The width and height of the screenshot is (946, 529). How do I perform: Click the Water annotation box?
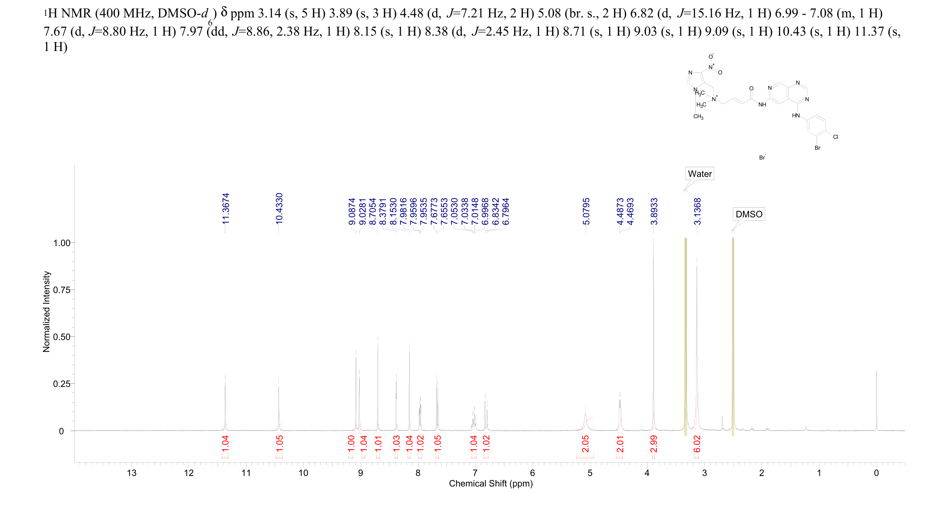(x=699, y=174)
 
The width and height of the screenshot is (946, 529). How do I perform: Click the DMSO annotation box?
(x=749, y=214)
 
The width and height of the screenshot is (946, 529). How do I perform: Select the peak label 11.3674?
(x=226, y=208)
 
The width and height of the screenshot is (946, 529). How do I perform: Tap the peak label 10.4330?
(x=279, y=208)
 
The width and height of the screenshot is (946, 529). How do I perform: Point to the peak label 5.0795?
(x=586, y=211)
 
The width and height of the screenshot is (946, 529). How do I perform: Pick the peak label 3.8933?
(x=654, y=211)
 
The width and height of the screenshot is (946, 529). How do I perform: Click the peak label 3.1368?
(x=697, y=211)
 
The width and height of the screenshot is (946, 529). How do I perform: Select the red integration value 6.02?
(x=697, y=444)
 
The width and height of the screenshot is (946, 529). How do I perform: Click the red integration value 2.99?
(x=654, y=444)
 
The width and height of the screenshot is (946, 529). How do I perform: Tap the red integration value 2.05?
(x=585, y=444)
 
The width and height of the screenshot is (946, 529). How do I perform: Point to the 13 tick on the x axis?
(x=131, y=473)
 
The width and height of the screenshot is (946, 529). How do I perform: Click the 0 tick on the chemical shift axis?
(x=876, y=473)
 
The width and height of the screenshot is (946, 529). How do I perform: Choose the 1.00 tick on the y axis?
(x=61, y=243)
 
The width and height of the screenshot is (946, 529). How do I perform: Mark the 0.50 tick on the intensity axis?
(x=61, y=337)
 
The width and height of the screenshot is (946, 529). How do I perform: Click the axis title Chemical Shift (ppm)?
(x=491, y=484)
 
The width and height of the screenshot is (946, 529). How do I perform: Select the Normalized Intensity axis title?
(x=47, y=312)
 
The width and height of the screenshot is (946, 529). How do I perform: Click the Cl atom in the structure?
(x=835, y=137)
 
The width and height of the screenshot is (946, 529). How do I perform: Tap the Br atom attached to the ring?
(x=817, y=148)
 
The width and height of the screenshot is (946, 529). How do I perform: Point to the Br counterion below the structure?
(x=762, y=157)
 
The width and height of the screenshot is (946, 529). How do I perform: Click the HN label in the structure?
(x=796, y=116)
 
